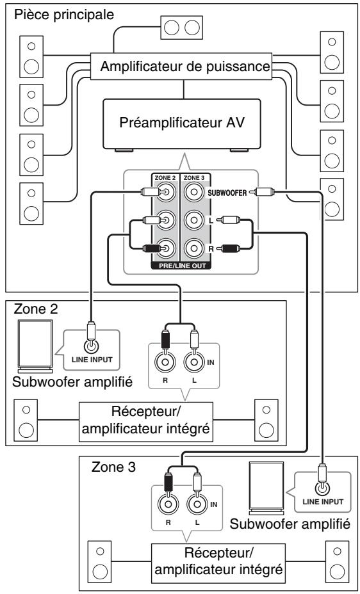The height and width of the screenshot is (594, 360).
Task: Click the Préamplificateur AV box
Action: pos(182,124)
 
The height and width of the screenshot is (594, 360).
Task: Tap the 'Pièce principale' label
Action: pos(63,15)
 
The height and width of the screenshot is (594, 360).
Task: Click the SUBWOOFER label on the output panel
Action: pos(227,193)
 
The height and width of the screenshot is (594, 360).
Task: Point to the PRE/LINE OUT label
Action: pos(183,266)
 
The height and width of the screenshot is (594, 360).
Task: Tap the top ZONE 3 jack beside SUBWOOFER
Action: pos(194,193)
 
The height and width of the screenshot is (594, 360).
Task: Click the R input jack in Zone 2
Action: pos(165,362)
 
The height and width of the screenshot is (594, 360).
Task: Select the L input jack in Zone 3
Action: pos(197,504)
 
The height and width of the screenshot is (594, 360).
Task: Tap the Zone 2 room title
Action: pos(36,309)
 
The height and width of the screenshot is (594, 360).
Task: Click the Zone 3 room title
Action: pos(113,467)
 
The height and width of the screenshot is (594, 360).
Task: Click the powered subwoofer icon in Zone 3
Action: pos(266,488)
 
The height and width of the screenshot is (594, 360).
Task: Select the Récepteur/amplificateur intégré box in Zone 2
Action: pos(146,422)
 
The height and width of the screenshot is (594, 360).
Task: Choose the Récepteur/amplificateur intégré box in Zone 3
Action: pos(218,564)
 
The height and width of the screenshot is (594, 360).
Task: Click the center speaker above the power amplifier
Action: pos(181,28)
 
